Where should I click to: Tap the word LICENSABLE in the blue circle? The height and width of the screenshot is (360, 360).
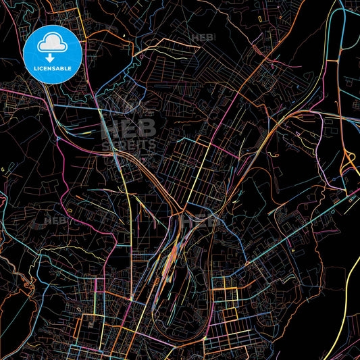[x=53, y=68]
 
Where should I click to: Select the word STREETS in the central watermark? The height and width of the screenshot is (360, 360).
[x=128, y=144]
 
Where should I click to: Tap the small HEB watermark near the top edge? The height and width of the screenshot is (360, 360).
[x=203, y=38]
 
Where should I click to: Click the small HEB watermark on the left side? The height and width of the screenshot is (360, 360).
[x=55, y=221]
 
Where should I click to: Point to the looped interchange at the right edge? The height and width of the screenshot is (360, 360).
[x=350, y=159]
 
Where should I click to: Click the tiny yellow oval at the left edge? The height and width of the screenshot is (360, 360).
[x=3, y=168]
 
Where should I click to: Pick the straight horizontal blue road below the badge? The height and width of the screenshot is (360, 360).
[x=74, y=106]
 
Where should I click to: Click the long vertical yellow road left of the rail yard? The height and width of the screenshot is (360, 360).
[x=129, y=223]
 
